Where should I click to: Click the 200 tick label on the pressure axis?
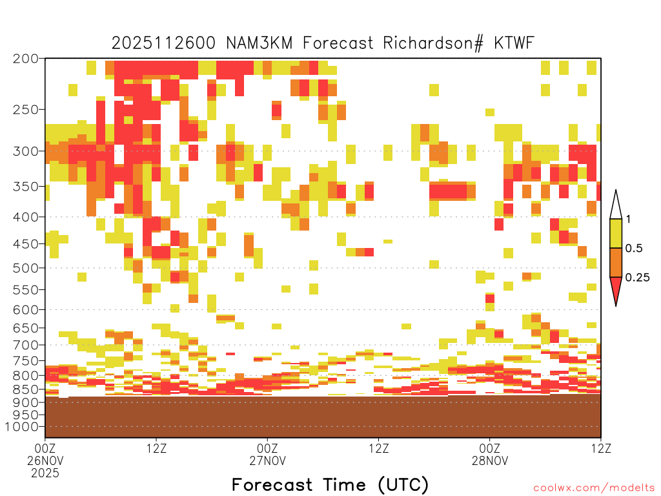click(x=25, y=59)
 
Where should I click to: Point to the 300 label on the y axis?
click(x=25, y=151)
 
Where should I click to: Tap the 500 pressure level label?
click(x=25, y=268)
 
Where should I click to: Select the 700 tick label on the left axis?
click(x=25, y=345)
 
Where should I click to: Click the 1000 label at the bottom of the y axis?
click(x=22, y=427)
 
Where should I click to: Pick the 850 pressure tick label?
click(x=25, y=389)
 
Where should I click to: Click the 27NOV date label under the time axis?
click(x=267, y=460)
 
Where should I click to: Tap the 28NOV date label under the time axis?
click(x=490, y=460)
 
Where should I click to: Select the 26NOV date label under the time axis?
click(x=45, y=460)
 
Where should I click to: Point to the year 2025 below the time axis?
click(x=45, y=473)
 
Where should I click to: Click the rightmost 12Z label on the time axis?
click(x=601, y=448)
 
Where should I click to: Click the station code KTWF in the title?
click(x=514, y=43)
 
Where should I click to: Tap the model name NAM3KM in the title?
click(x=259, y=43)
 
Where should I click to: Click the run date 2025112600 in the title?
click(x=163, y=43)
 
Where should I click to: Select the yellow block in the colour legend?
click(x=616, y=233)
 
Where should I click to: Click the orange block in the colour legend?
click(x=616, y=262)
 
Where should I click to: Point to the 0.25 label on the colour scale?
click(x=637, y=278)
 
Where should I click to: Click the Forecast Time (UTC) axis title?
click(x=330, y=485)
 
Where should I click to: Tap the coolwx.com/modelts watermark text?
click(x=594, y=488)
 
